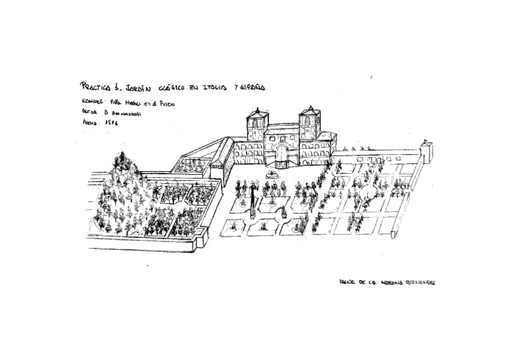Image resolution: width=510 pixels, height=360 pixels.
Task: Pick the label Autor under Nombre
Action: click(x=89, y=111)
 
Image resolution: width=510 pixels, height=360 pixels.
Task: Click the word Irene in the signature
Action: click(x=346, y=281)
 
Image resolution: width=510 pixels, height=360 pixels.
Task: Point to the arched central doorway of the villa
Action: click(x=281, y=156)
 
